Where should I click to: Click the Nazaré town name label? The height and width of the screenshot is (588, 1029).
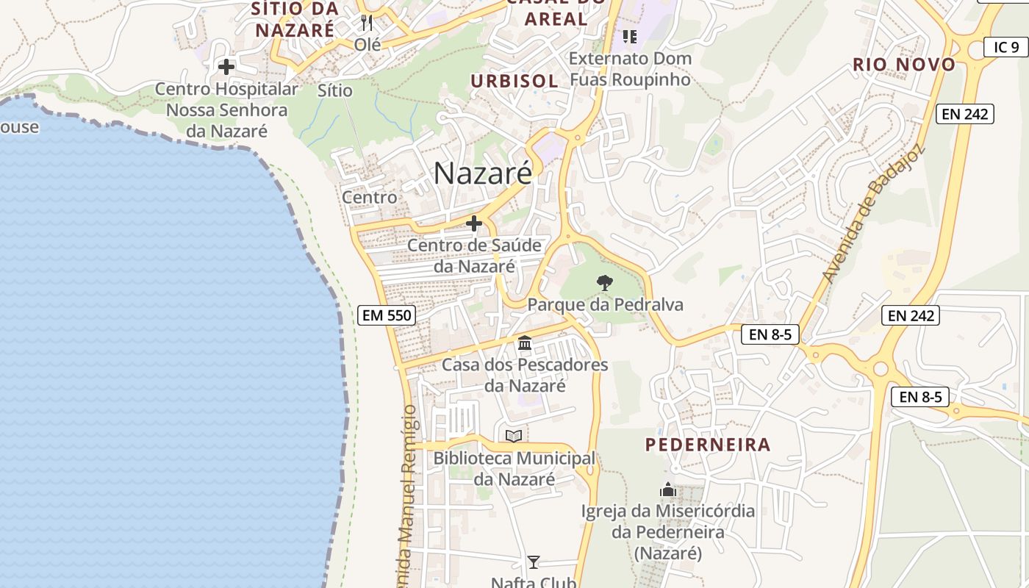pos(482,173)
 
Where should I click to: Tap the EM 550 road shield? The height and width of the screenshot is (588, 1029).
pos(387,316)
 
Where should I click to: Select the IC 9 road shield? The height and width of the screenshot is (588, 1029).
pos(1005,47)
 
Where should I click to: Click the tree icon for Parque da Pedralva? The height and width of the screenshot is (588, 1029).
pos(604,282)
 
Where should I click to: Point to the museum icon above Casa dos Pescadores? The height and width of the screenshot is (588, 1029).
pos(525,343)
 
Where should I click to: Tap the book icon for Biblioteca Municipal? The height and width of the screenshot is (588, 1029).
pos(514,437)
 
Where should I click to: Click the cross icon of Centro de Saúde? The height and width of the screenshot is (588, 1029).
pos(474,223)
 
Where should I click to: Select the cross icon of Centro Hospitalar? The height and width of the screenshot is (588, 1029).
pos(226,67)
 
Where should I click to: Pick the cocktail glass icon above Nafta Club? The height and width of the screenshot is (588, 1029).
pos(534,562)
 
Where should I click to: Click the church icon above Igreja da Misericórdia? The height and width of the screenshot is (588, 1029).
pos(668,489)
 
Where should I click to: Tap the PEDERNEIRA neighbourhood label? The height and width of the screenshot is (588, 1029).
pos(708,445)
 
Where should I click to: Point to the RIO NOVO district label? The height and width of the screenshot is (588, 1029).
pos(904,65)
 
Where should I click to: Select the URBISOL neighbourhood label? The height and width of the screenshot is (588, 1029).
pos(514,81)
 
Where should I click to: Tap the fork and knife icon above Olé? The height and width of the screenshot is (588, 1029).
pos(367,23)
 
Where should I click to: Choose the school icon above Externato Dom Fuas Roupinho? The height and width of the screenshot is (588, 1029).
pos(629,36)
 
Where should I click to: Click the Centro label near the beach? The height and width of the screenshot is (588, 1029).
pos(369,197)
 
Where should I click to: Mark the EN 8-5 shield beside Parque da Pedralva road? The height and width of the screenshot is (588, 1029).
pos(770,335)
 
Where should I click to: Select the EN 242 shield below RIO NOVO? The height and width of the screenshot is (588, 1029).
pos(965,114)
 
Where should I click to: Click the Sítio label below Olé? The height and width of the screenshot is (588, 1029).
pos(335,90)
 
